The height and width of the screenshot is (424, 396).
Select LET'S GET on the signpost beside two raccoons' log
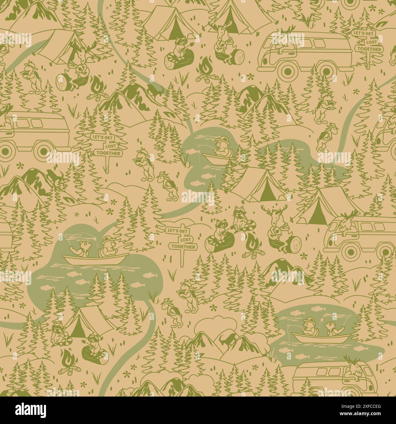176,231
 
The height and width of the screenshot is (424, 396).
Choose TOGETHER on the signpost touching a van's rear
368,49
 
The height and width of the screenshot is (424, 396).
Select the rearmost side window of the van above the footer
305,372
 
